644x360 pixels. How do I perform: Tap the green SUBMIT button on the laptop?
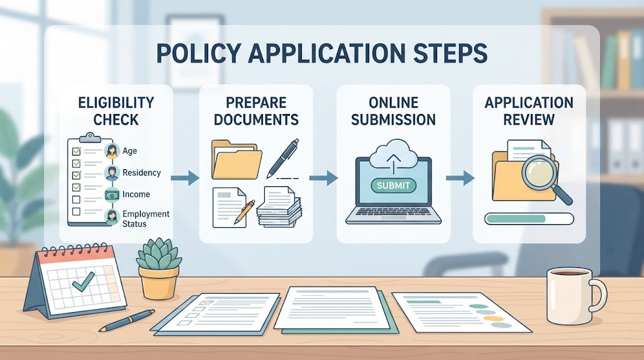click(393, 185)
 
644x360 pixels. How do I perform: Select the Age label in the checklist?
click(130, 151)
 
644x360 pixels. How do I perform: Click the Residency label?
click(142, 172)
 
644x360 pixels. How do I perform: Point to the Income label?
click(136, 194)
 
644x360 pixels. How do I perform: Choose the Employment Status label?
click(146, 218)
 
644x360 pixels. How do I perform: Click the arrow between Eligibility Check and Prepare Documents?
click(185, 178)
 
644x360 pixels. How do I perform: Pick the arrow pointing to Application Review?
click(460, 178)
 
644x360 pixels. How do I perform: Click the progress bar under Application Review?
click(529, 218)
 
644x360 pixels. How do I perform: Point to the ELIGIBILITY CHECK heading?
click(116, 111)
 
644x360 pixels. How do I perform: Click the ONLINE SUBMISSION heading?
click(393, 111)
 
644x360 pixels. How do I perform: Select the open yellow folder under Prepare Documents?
click(236, 160)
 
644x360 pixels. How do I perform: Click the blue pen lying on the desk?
click(126, 320)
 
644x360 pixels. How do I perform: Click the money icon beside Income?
click(112, 194)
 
